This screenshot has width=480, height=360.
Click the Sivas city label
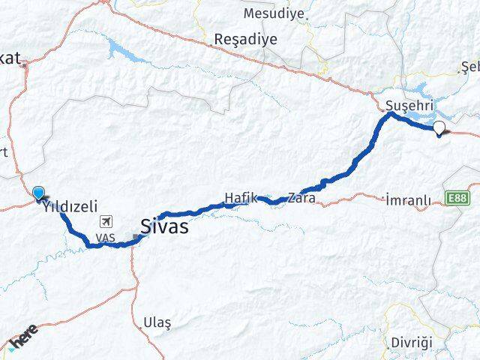(x=164, y=226)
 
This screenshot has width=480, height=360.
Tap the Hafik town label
(x=241, y=198)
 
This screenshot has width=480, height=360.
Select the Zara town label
(x=303, y=199)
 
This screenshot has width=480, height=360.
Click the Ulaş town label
(x=157, y=322)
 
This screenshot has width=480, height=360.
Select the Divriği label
(x=412, y=342)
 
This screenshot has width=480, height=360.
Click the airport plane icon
(x=106, y=222)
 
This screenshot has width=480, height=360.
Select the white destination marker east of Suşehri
(x=439, y=128)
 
